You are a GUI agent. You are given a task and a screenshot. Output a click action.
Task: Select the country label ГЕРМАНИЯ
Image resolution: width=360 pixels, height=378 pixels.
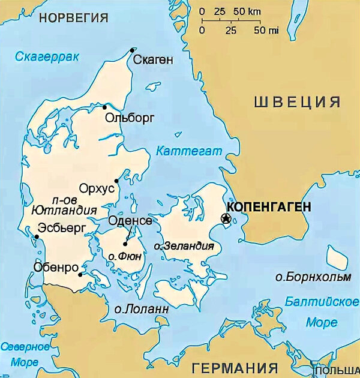(x=233, y=367)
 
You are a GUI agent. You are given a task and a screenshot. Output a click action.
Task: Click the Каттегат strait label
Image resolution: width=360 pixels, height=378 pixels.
(x=188, y=151)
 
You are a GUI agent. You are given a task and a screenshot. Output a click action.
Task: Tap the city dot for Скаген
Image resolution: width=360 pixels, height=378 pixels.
(x=132, y=50)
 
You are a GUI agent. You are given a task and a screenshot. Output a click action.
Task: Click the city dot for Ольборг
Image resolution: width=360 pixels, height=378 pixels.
(x=104, y=107)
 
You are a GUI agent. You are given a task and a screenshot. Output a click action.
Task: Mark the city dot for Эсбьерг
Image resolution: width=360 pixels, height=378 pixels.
(x=37, y=236)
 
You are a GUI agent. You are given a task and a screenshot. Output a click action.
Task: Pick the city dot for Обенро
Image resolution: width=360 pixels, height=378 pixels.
(x=80, y=275)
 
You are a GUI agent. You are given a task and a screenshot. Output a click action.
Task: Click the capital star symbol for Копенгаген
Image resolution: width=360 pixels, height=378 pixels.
(x=226, y=218)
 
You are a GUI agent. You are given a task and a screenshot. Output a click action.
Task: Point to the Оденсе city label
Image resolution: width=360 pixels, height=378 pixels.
(x=130, y=221)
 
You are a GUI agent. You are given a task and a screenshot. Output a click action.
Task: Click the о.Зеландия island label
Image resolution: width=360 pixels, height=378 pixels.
(x=184, y=246)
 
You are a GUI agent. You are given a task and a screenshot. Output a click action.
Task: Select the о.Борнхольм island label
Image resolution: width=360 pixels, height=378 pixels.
(x=311, y=277)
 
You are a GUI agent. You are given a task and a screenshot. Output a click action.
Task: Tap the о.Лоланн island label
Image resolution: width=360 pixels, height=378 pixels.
(x=141, y=309)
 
